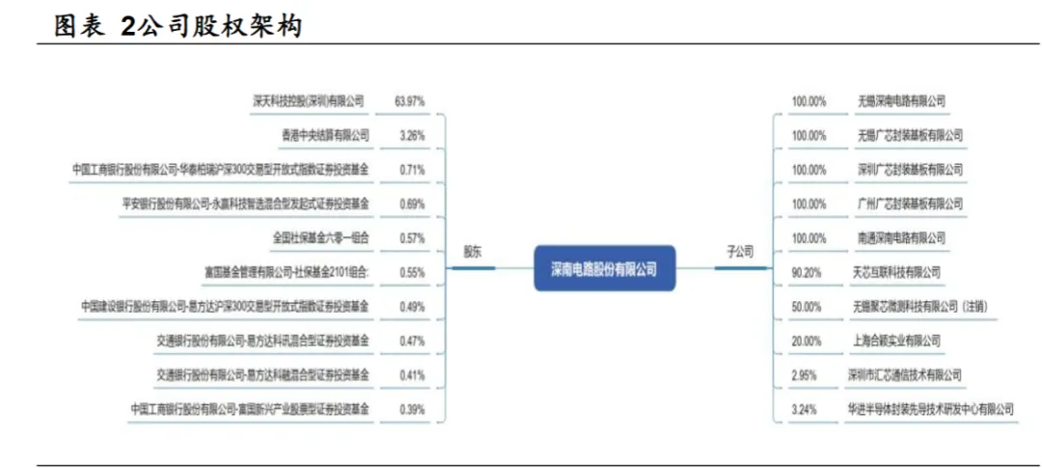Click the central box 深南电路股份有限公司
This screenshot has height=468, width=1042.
click(x=605, y=269)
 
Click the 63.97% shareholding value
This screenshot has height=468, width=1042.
click(x=410, y=100)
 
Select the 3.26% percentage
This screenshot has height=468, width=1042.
click(x=412, y=135)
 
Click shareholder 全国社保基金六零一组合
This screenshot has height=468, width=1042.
click(x=321, y=237)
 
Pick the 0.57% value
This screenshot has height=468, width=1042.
click(x=412, y=237)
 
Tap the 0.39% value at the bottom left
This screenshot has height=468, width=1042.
click(x=412, y=409)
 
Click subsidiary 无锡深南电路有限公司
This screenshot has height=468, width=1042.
click(x=901, y=100)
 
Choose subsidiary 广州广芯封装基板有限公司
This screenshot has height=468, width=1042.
click(x=909, y=204)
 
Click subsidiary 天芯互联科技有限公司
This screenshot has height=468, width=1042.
click(x=896, y=272)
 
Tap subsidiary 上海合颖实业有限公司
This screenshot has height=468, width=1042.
click(x=898, y=341)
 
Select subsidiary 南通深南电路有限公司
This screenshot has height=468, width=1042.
click(x=901, y=237)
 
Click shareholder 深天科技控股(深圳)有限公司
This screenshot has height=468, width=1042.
click(x=309, y=100)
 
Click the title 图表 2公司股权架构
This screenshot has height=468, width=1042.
click(x=178, y=27)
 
